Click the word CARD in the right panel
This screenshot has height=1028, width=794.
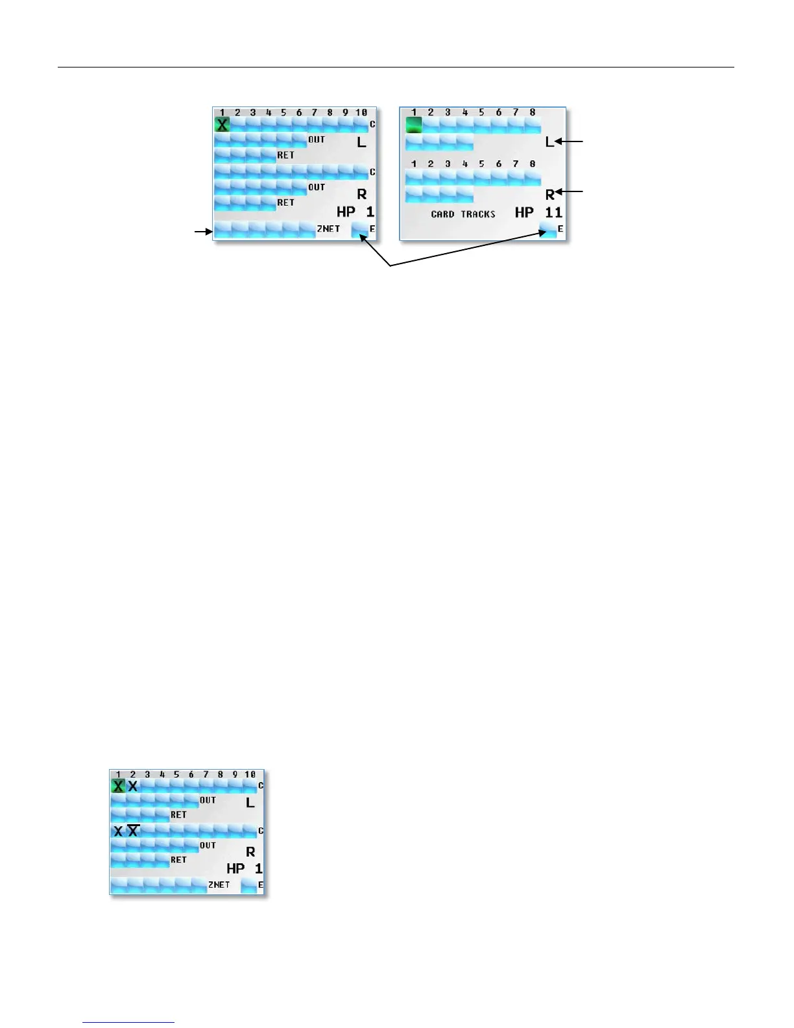point(443,214)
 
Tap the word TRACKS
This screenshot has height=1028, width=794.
point(478,214)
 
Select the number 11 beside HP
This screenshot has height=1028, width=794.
point(553,212)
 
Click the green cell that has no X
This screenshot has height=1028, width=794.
point(414,125)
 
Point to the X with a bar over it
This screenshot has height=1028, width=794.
point(133,831)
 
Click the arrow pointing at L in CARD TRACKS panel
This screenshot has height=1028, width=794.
point(573,141)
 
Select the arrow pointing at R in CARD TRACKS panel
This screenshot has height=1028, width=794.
point(573,192)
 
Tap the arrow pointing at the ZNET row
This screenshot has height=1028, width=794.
point(203,230)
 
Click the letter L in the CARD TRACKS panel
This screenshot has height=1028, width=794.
point(549,141)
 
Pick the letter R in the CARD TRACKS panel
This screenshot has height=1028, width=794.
point(549,194)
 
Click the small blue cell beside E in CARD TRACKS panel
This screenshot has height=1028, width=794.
point(547,230)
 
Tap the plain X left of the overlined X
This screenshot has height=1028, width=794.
point(118,831)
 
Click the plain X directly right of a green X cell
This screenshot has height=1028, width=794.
point(133,786)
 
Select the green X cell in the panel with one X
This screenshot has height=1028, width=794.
point(222,125)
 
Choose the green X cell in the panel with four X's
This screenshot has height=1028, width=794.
point(118,786)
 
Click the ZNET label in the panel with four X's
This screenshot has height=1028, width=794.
point(219,885)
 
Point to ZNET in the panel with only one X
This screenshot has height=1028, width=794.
point(328,229)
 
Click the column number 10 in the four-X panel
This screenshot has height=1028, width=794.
point(250,774)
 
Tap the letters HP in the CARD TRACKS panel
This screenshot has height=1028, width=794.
point(524,212)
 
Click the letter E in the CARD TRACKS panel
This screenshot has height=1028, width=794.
point(560,229)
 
